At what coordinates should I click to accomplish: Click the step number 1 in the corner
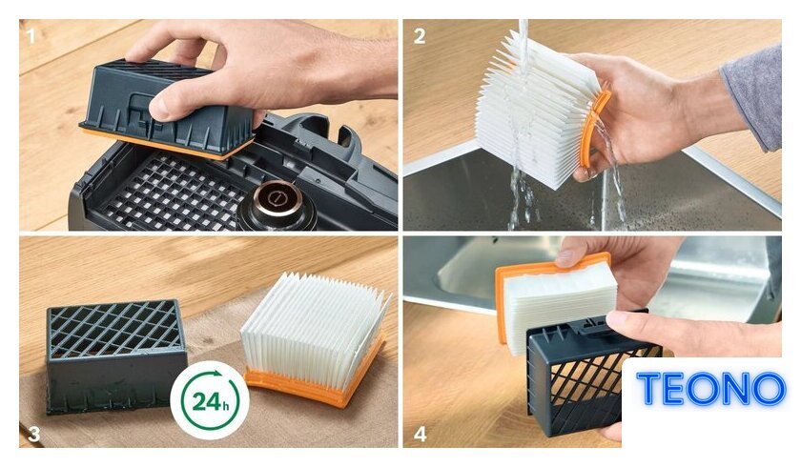point(31,36)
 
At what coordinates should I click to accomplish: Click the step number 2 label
point(420,36)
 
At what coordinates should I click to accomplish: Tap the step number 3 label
point(33,434)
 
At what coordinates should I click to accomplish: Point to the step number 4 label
point(420,435)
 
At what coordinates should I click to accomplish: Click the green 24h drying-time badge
point(210,400)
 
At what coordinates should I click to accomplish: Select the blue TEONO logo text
point(710,389)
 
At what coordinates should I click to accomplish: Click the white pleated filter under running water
point(536,110)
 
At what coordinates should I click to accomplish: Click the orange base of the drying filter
point(316,380)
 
